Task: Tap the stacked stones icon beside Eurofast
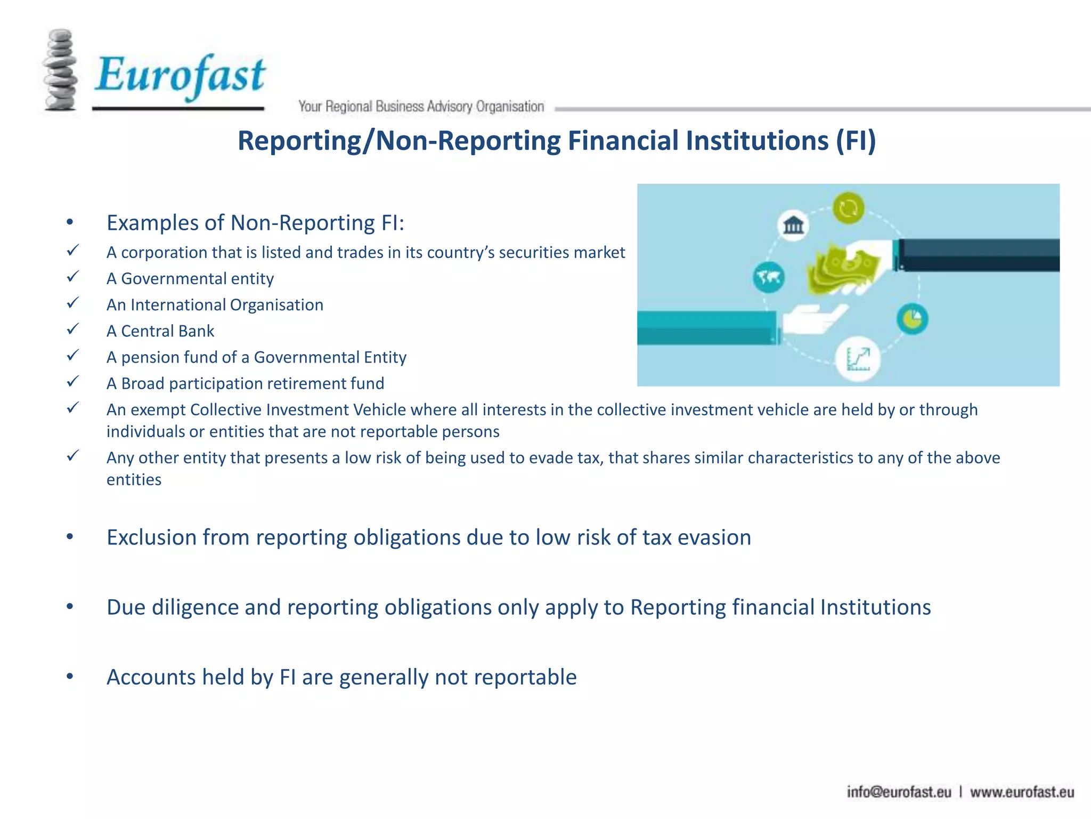click(60, 70)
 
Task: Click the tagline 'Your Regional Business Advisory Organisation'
click(421, 107)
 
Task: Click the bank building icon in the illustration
click(793, 225)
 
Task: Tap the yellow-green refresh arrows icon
click(848, 207)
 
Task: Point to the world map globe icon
click(769, 277)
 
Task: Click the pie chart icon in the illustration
click(912, 319)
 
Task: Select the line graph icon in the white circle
click(858, 359)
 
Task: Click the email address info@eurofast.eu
click(899, 792)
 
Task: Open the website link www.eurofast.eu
click(1022, 792)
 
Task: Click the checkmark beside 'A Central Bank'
click(73, 329)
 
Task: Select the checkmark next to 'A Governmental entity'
click(73, 277)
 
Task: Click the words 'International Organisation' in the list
click(227, 305)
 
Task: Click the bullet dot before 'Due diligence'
click(70, 606)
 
